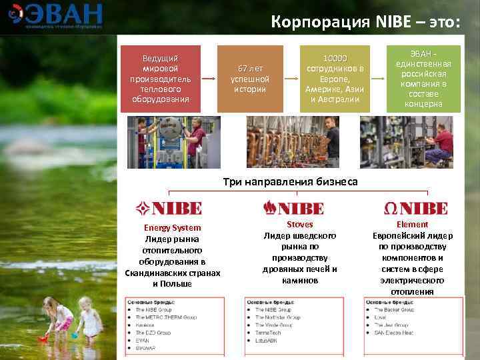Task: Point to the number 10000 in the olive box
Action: coord(334,58)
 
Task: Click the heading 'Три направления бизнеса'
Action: coord(289,181)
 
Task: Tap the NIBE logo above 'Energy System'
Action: coord(173,208)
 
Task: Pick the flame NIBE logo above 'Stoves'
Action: coord(293,207)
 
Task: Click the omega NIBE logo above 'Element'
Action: coord(415,208)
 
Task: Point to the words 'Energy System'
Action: coord(172,228)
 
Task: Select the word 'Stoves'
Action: coord(299,225)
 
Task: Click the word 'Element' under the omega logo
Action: coord(412,225)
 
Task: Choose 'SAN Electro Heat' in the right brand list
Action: coord(394,332)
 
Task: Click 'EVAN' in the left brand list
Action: coord(142,339)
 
